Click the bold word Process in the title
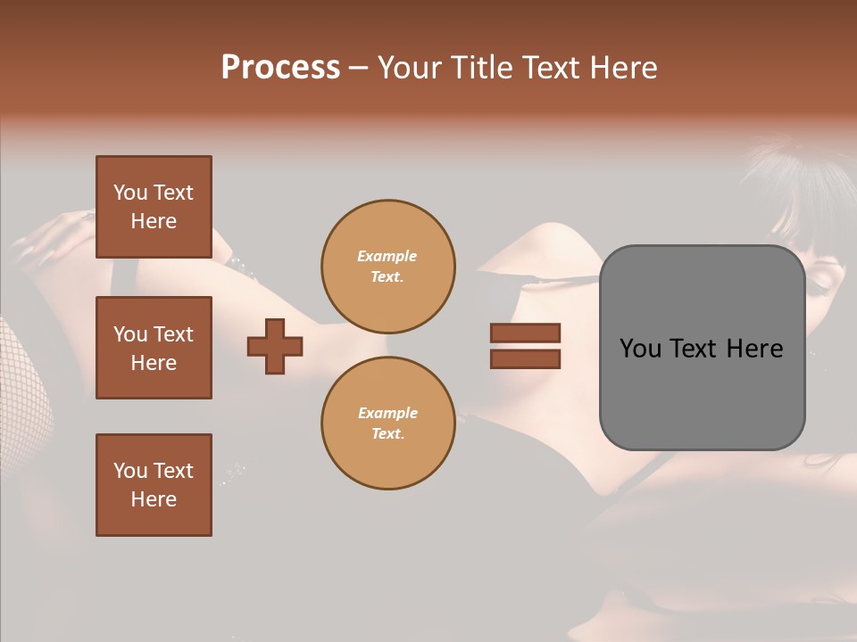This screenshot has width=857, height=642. tap(280, 68)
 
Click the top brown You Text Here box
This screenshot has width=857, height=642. tap(154, 207)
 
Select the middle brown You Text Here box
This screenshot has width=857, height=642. tap(154, 348)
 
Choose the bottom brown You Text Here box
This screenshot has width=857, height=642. tap(154, 485)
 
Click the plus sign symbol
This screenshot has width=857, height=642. tap(275, 346)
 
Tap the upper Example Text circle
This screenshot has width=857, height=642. tap(387, 267)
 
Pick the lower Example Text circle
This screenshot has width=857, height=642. tap(387, 424)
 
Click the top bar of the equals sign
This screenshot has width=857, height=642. tap(525, 333)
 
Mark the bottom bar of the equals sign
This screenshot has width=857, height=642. tap(525, 358)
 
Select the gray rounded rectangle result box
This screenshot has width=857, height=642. tap(702, 348)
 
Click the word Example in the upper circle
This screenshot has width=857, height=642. tap(387, 256)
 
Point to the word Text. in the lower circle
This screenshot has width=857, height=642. tap(387, 434)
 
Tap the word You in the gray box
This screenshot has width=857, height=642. tap(640, 349)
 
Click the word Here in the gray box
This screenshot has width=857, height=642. tap(755, 349)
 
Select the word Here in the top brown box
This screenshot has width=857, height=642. tap(154, 221)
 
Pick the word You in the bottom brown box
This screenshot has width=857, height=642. tap(130, 471)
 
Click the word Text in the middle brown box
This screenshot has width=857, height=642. tap(173, 334)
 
